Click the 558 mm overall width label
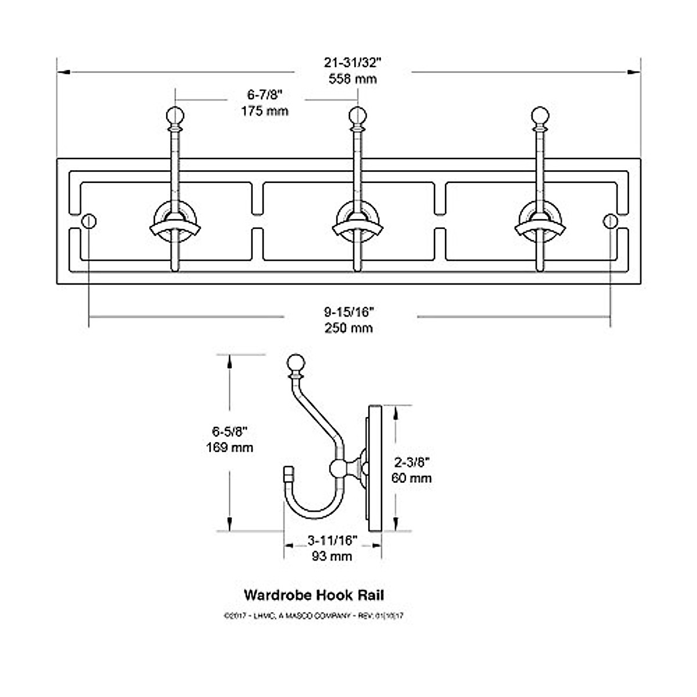(x=353, y=79)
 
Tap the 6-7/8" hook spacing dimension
(x=265, y=94)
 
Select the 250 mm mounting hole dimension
(x=348, y=328)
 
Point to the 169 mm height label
(x=230, y=447)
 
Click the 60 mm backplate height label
(x=412, y=478)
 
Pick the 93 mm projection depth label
(x=332, y=556)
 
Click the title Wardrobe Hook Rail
(x=314, y=595)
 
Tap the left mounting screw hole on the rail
(x=89, y=221)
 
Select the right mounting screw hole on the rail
(x=610, y=221)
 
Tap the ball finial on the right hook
(x=541, y=114)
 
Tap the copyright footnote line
(x=313, y=615)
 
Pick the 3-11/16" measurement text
(x=332, y=541)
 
